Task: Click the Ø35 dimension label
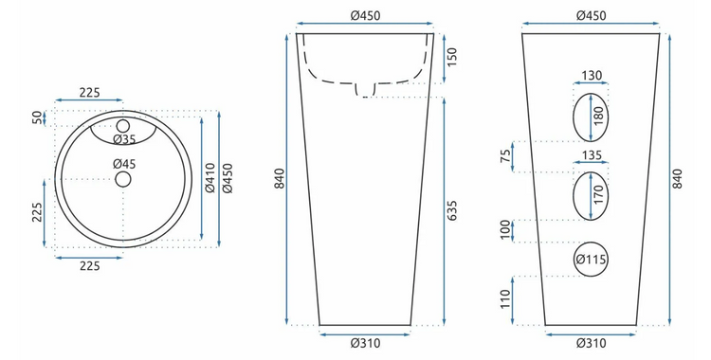click(125, 138)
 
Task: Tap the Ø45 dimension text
click(125, 164)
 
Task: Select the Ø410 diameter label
click(210, 178)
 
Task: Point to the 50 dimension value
click(37, 117)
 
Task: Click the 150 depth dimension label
click(451, 57)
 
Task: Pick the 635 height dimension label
click(451, 210)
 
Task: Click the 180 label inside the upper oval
click(598, 117)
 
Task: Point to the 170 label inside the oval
click(598, 195)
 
